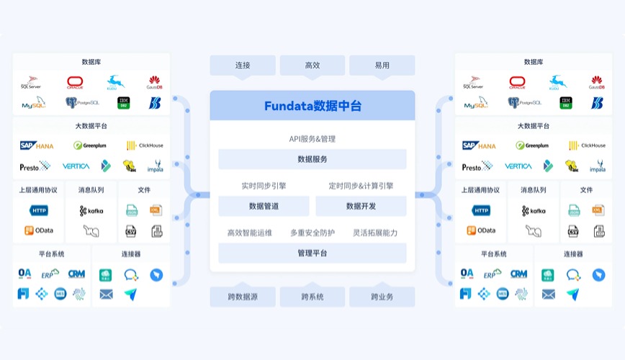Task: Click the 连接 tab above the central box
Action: [243, 66]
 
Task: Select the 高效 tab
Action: [312, 66]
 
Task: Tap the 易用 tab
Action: [382, 66]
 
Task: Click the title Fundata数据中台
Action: [312, 107]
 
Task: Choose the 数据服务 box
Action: [312, 159]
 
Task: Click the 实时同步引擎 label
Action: [264, 186]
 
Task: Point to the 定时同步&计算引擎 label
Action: [361, 186]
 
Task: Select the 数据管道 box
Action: [264, 206]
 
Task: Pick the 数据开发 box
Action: [361, 206]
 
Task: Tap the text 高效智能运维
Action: [250, 233]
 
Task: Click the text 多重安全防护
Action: [312, 233]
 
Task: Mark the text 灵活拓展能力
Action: [374, 233]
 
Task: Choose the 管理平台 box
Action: [312, 253]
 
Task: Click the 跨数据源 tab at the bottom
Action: [243, 297]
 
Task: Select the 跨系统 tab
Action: [312, 297]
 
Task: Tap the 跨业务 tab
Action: [382, 297]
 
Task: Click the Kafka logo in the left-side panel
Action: [91, 211]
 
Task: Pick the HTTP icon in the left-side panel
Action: [39, 211]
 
